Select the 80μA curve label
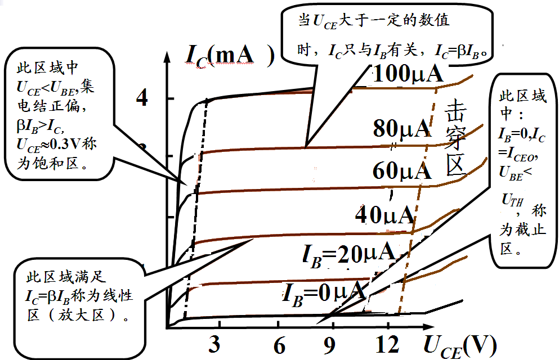tap(401, 129)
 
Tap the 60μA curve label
tap(401, 170)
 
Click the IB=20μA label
tap(348, 254)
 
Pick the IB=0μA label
tap(325, 291)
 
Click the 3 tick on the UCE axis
tap(214, 345)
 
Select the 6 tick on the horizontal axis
tap(279, 345)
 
